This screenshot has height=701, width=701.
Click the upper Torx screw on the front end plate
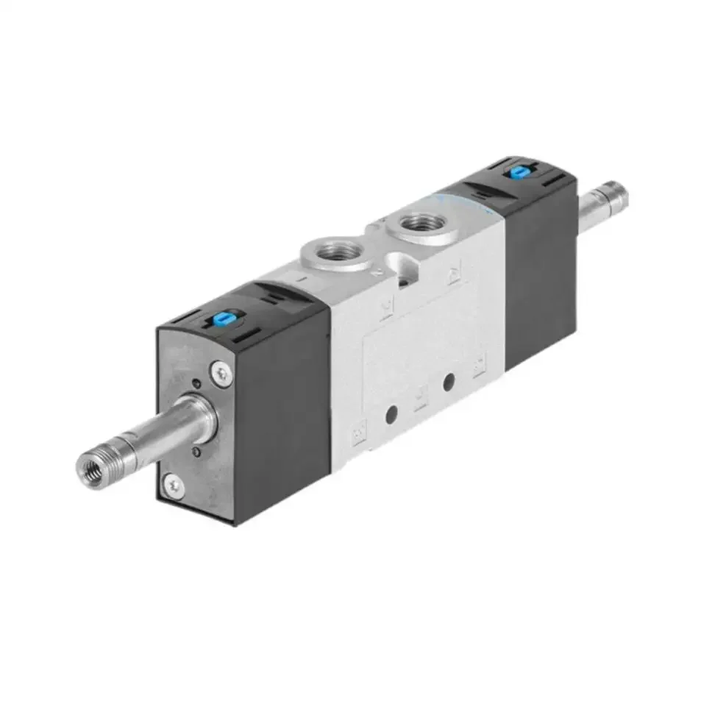pyautogui.click(x=221, y=373)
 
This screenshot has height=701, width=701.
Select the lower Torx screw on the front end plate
pyautogui.click(x=173, y=483)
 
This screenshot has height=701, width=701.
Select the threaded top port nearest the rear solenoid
pyautogui.click(x=421, y=224)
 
